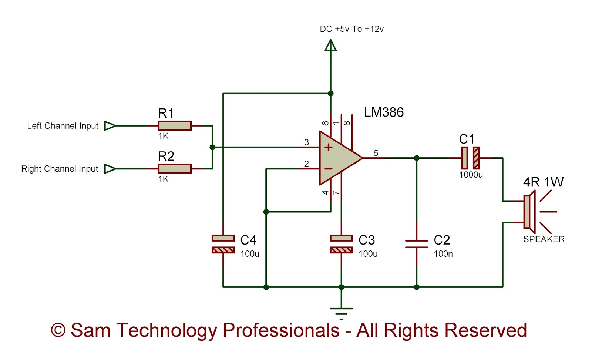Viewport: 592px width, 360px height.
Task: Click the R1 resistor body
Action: coord(174,126)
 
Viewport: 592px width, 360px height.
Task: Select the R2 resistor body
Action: coord(174,169)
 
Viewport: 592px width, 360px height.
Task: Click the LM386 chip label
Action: coord(383,112)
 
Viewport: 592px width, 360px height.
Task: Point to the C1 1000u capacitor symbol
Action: coord(470,158)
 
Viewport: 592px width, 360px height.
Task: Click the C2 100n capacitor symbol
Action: coord(416,244)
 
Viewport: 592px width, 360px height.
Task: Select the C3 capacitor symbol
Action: coord(341,244)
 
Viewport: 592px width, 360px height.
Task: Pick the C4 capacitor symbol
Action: coord(223,244)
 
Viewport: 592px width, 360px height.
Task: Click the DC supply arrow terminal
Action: coord(330,46)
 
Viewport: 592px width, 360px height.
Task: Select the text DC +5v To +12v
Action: coord(351,29)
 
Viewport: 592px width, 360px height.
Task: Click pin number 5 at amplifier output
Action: coord(376,153)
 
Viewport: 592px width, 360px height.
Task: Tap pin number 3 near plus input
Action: coord(306,142)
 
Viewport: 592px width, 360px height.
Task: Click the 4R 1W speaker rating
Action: coord(543,182)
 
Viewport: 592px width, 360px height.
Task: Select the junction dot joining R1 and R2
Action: coord(212,147)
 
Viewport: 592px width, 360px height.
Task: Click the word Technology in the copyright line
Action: coord(166,330)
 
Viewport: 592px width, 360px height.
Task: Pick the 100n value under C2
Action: coord(443,254)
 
